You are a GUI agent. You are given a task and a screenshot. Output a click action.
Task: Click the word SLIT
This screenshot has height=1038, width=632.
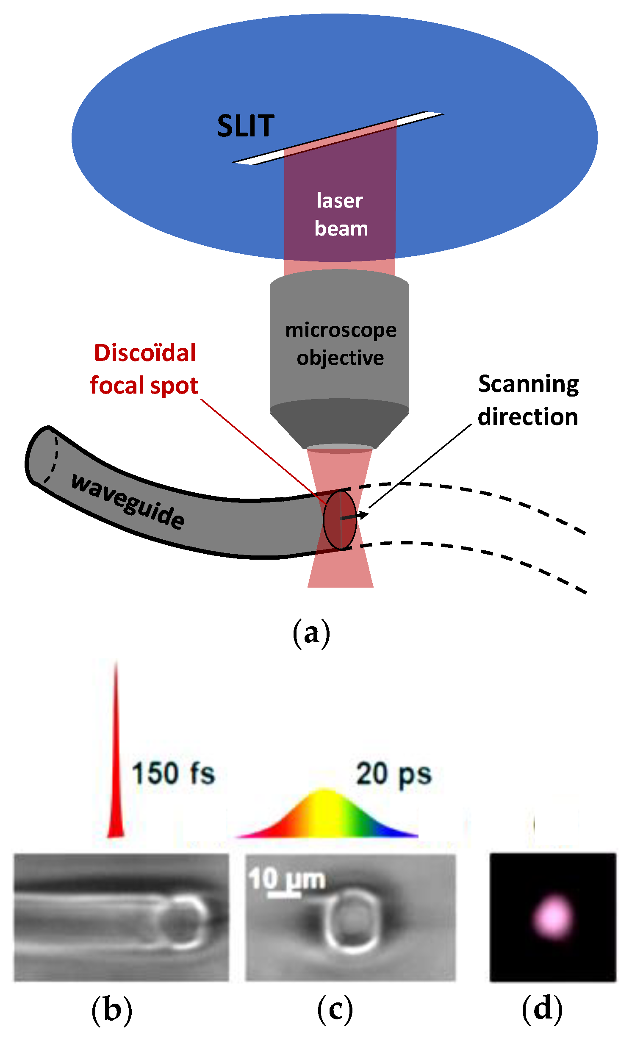click(x=246, y=126)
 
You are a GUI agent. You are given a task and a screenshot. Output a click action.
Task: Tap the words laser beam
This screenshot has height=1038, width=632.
click(x=341, y=214)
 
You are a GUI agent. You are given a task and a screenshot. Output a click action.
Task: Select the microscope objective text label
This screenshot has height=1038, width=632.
click(x=341, y=344)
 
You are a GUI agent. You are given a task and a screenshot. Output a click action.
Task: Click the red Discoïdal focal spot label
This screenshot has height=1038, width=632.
click(x=144, y=369)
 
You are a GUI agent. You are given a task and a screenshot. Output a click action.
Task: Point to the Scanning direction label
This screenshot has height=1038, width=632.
click(x=528, y=400)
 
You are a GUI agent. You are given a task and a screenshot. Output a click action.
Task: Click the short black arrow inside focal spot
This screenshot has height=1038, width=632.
click(x=354, y=516)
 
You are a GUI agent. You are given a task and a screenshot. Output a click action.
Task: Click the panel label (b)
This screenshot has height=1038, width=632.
click(x=112, y=1010)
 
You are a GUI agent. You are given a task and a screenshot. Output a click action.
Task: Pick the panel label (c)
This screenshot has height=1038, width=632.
click(x=335, y=1010)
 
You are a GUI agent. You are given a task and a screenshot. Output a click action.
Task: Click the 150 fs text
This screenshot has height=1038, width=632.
click(x=173, y=773)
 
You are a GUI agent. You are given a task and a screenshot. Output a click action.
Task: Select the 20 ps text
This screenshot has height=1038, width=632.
click(x=394, y=774)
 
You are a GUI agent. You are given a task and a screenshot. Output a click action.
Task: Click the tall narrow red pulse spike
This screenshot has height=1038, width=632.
click(x=116, y=763)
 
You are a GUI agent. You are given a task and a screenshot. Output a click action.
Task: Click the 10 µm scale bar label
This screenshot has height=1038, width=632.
click(x=287, y=879)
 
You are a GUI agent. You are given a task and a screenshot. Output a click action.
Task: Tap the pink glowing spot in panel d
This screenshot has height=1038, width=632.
click(x=553, y=917)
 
